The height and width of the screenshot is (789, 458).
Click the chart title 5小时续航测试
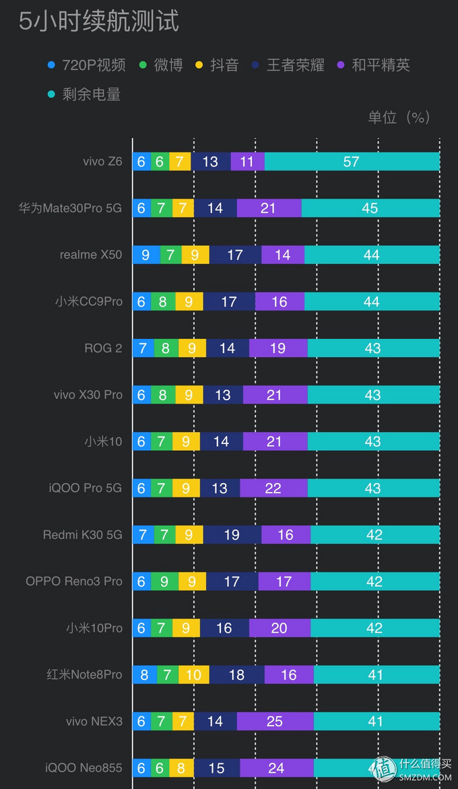click(x=99, y=22)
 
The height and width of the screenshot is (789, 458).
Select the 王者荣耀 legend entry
click(x=290, y=65)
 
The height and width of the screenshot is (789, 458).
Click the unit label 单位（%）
click(x=399, y=117)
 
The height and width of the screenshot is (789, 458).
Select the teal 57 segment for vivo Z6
click(x=352, y=162)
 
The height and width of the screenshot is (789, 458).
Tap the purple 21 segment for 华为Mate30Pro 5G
click(x=269, y=208)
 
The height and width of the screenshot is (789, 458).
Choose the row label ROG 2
click(x=103, y=348)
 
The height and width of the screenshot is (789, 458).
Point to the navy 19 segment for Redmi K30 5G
click(x=232, y=535)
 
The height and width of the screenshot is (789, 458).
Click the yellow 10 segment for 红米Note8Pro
click(x=193, y=675)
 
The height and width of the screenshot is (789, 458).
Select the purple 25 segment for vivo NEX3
click(x=275, y=722)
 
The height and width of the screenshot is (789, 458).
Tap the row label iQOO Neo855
click(x=84, y=767)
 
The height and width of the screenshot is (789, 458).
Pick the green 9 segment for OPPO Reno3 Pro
click(x=164, y=581)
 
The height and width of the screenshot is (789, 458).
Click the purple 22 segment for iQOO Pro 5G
click(x=273, y=488)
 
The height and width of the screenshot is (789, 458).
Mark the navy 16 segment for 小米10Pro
click(x=224, y=628)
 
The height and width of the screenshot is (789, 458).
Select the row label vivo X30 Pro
click(x=88, y=395)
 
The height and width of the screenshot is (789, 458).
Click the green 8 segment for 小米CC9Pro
click(x=162, y=302)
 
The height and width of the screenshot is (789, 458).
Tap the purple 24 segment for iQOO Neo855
click(x=276, y=768)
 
